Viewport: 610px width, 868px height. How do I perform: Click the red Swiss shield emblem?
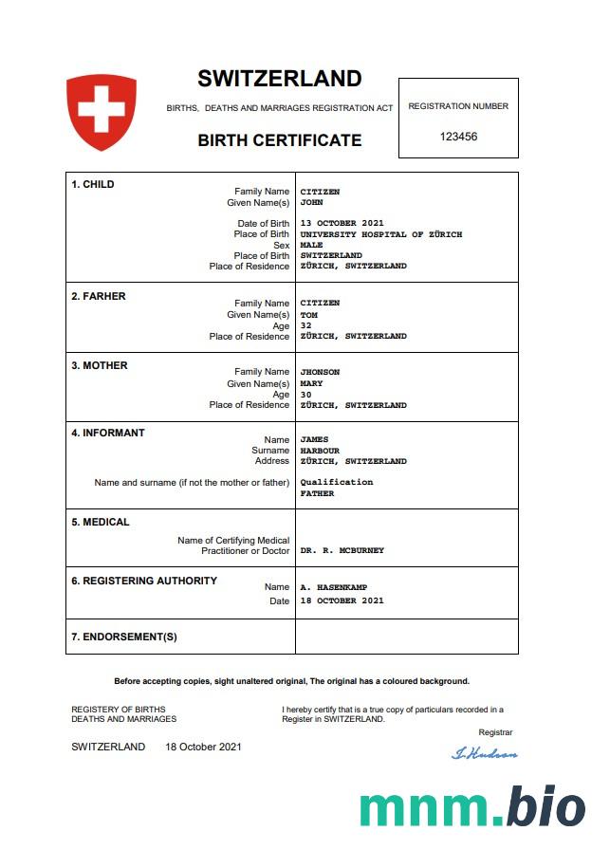point(102,112)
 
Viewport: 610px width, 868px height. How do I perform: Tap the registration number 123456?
point(458,137)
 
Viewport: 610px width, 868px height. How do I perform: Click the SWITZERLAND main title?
point(279,79)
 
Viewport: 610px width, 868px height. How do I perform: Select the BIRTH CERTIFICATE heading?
point(279,140)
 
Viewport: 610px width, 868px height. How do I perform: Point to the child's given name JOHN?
point(311,202)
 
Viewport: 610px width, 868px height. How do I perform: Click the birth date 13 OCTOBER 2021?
point(342,224)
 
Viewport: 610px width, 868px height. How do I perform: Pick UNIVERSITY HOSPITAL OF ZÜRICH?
point(381,234)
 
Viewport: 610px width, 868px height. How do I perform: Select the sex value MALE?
point(311,245)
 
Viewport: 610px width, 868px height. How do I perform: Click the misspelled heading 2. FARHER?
point(99,296)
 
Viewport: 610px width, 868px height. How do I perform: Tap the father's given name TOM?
point(308,314)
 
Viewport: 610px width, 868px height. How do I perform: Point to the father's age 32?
point(305,325)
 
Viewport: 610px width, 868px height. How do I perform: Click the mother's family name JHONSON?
point(320,372)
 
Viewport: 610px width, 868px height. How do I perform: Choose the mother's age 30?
point(305,395)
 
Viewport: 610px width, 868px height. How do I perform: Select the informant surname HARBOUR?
point(320,451)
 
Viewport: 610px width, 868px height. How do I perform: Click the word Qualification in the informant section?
point(337,482)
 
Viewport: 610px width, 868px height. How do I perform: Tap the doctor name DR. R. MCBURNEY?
point(342,550)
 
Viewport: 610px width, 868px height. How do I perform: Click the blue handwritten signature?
point(485,753)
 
